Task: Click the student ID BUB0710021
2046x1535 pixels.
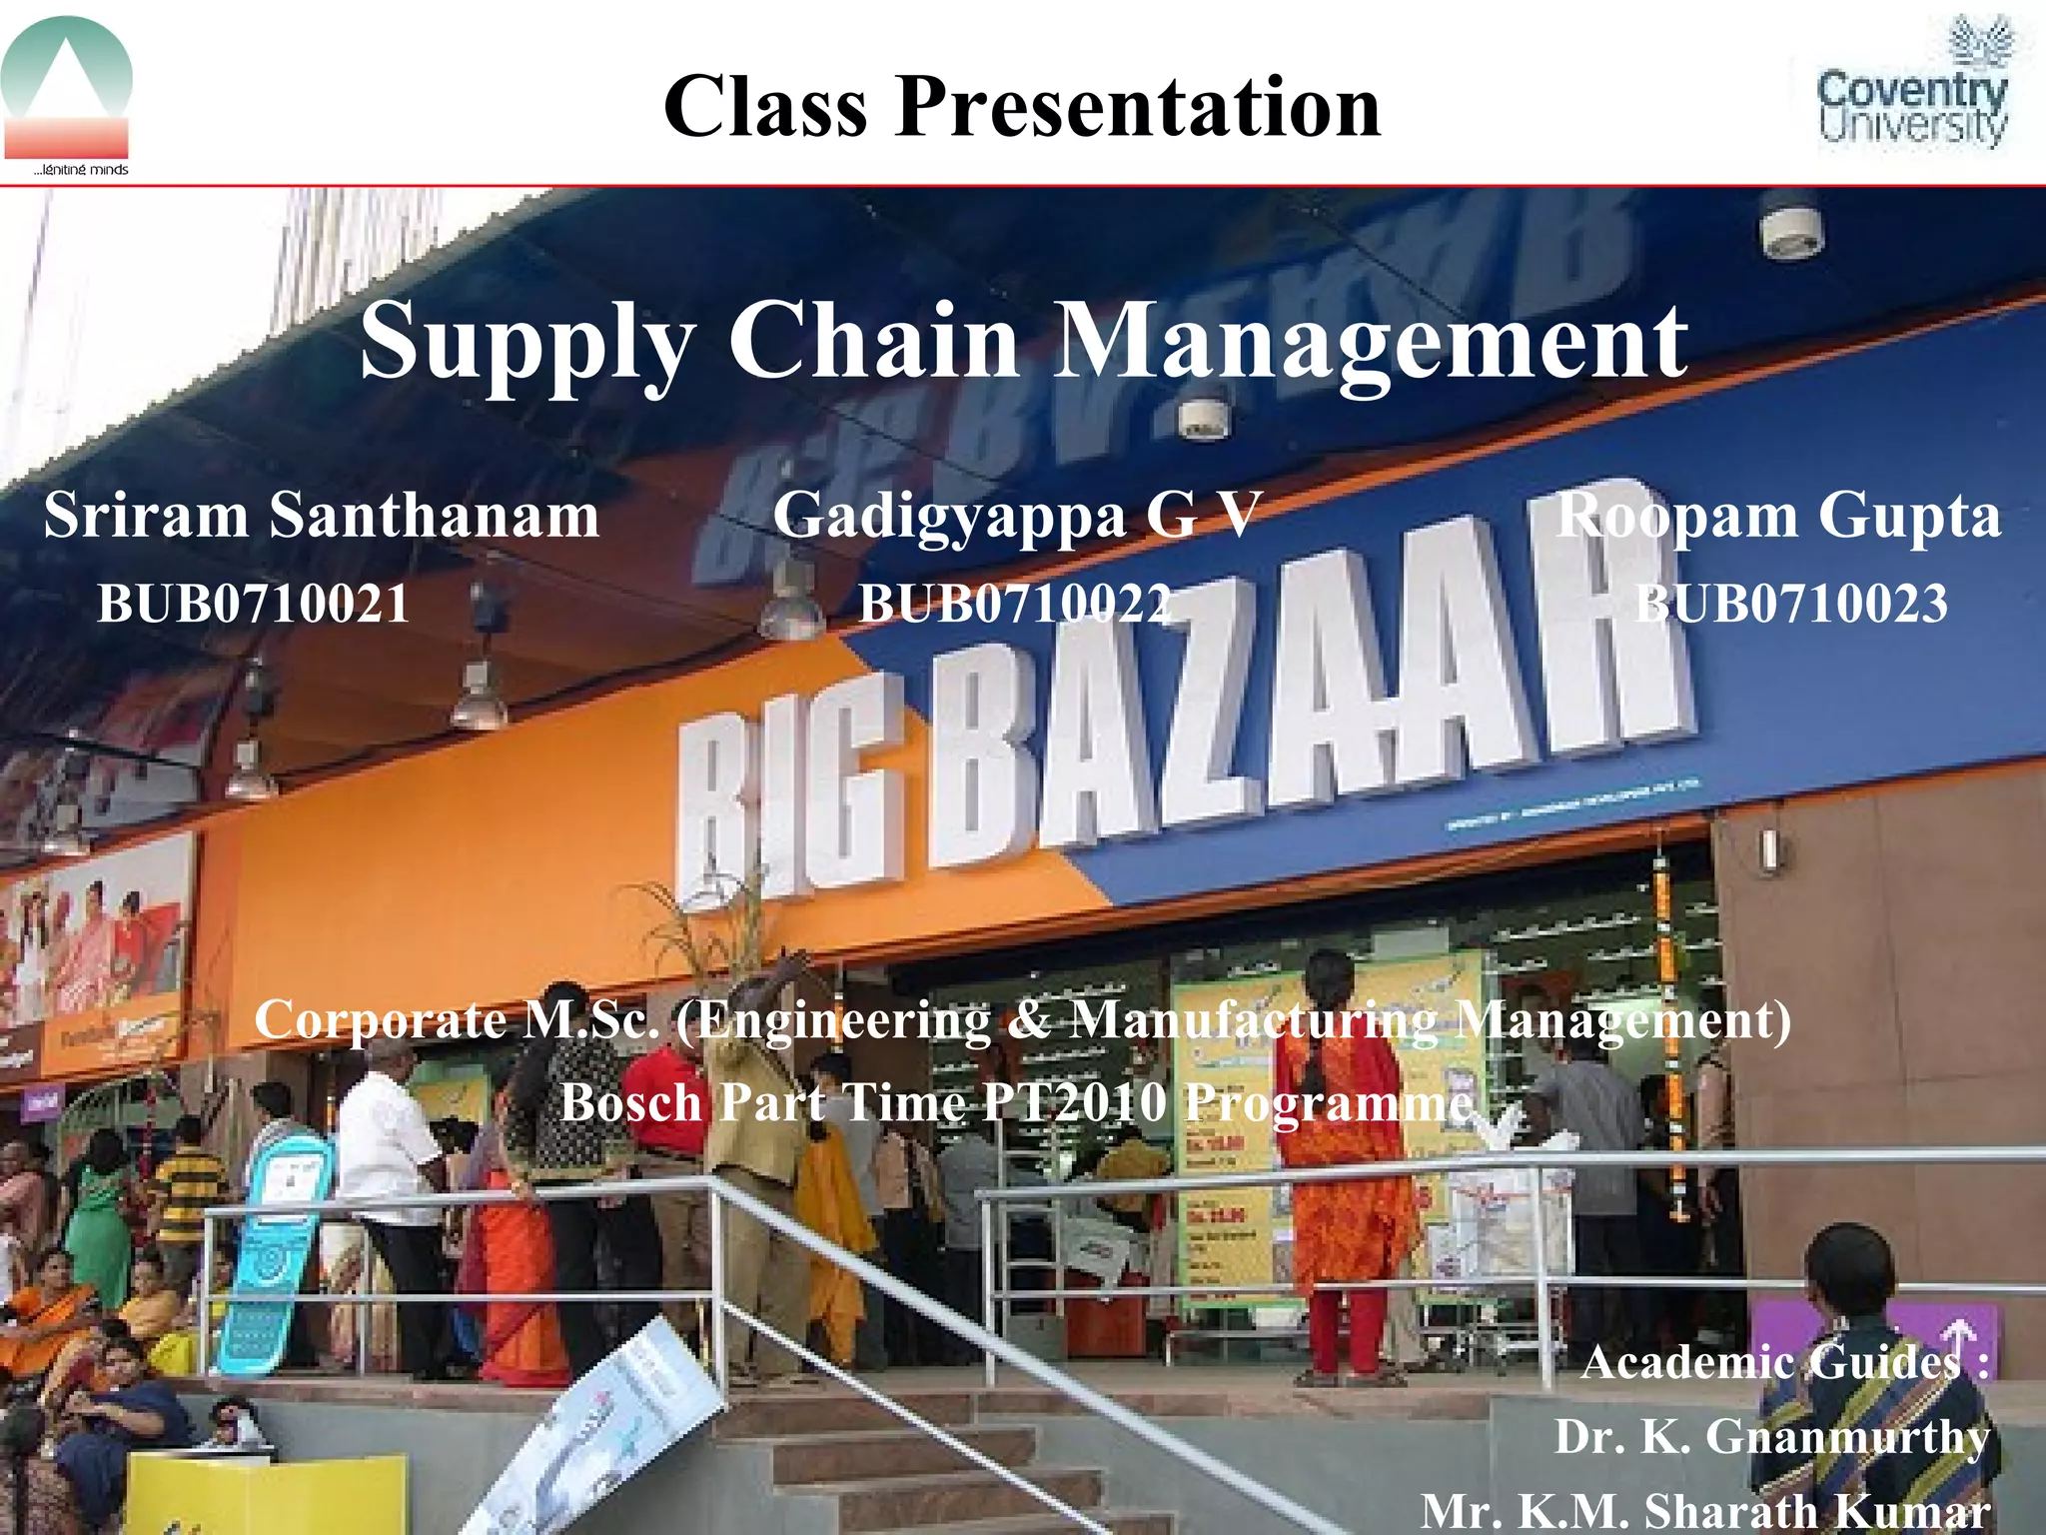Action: tap(254, 605)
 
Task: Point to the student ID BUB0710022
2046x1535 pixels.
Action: tap(1015, 605)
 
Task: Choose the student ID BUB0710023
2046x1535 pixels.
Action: tap(1790, 605)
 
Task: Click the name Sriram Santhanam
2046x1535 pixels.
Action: tap(321, 517)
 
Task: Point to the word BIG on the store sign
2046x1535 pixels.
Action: tap(789, 789)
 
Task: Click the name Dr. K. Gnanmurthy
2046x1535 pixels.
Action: tap(1772, 1437)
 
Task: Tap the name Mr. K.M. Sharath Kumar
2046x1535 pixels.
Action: tap(1705, 1510)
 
